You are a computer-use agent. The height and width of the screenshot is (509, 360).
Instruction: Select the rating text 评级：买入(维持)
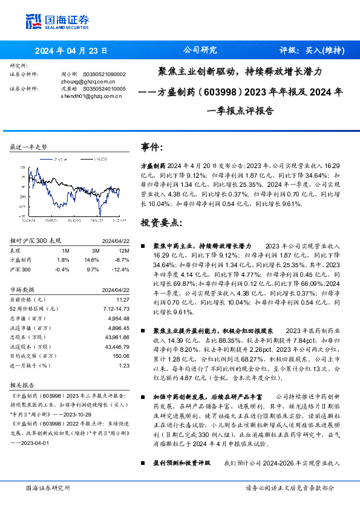312,51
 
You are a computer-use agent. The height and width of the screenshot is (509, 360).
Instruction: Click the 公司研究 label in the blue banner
200,51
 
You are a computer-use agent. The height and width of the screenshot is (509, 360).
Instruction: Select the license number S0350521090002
103,74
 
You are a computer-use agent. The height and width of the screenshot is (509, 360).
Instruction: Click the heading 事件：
152,147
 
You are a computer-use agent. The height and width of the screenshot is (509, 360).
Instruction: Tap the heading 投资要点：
160,222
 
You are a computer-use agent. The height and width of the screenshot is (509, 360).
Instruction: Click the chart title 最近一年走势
29,148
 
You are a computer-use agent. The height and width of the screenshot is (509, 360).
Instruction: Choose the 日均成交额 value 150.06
121,356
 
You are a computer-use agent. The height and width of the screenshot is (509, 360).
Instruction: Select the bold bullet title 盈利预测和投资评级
182,462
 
